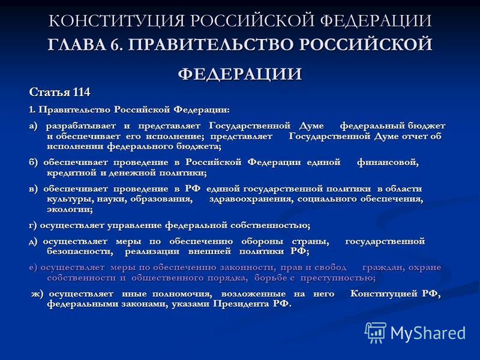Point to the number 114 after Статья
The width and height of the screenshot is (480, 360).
[x=82, y=92]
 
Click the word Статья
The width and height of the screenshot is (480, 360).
[x=50, y=92]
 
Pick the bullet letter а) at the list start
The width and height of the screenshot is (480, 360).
[x=33, y=126]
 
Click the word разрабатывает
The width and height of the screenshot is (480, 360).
[x=81, y=126]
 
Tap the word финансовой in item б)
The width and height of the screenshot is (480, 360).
[x=388, y=162]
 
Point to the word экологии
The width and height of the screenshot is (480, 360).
[x=70, y=210]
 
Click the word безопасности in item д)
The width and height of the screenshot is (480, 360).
[x=80, y=251]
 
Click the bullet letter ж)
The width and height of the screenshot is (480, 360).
[x=37, y=294]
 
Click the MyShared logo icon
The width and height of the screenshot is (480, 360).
[x=376, y=333]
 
